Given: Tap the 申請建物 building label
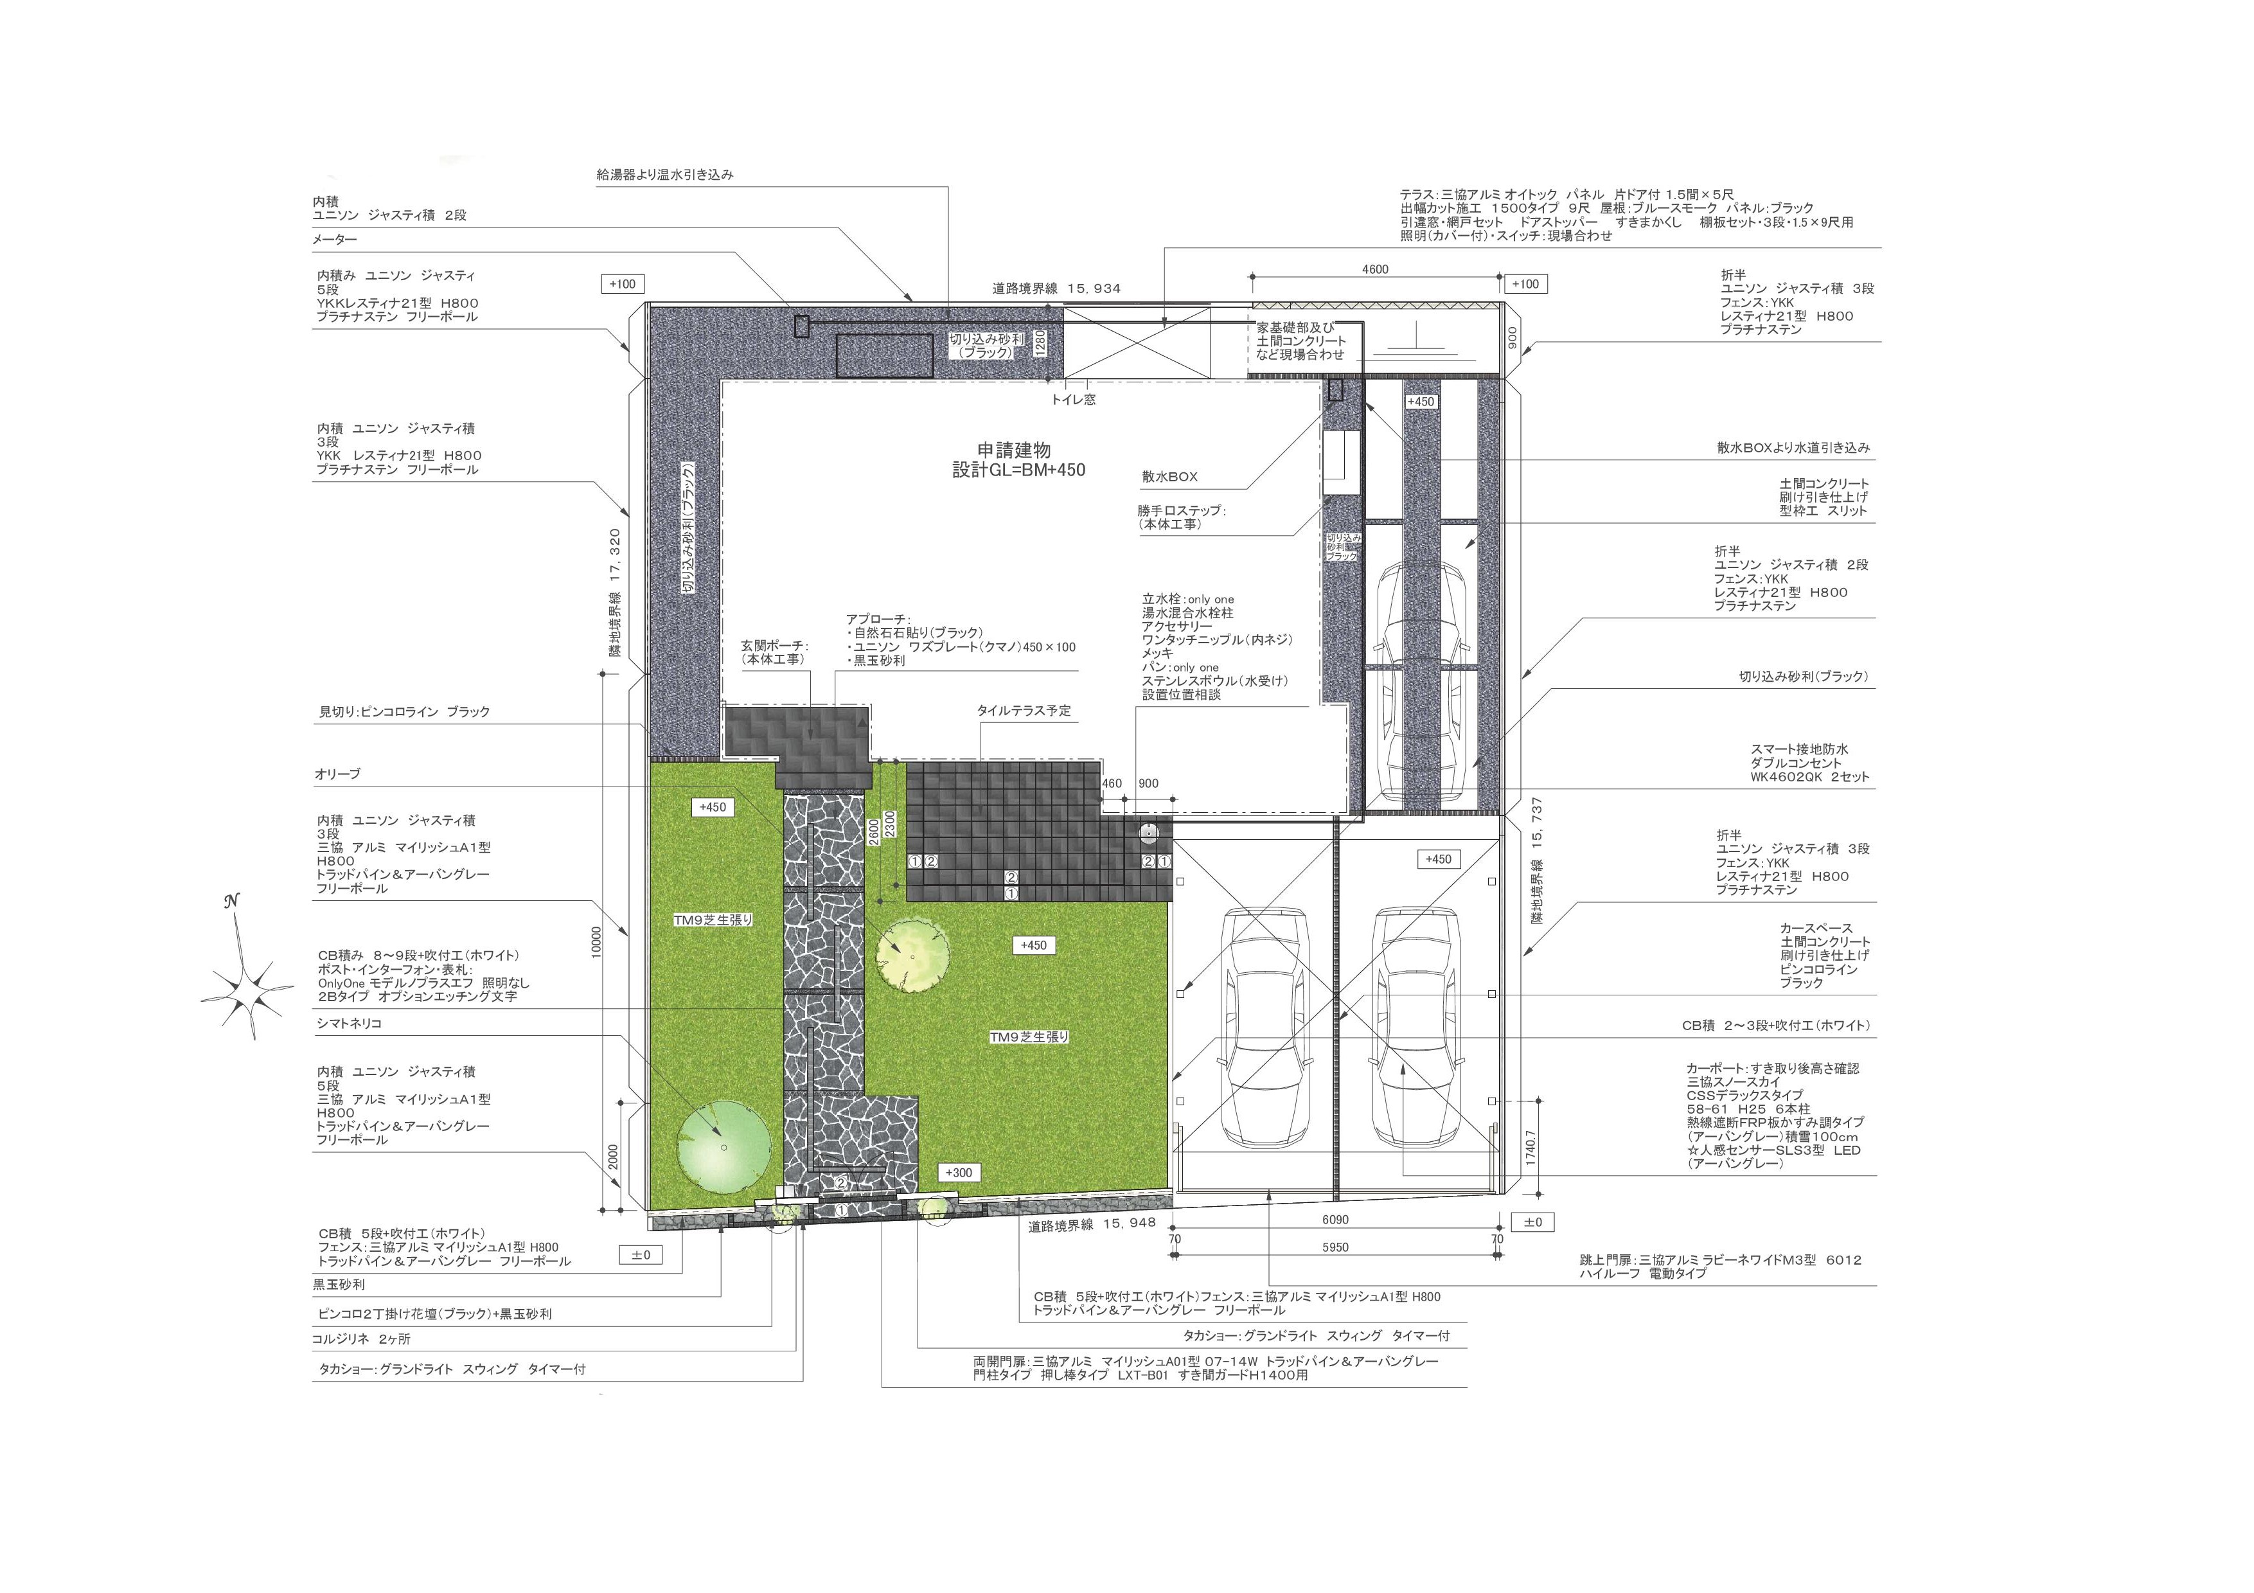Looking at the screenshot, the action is tap(1014, 450).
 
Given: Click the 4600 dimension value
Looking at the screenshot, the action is tap(1376, 269).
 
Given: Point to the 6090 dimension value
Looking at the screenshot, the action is tap(1335, 1220).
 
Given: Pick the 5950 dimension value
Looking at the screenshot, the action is tap(1335, 1247).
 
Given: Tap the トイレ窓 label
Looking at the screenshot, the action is tap(1074, 400).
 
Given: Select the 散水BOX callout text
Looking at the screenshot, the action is tap(1169, 477).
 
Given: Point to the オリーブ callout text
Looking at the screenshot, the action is tap(338, 774).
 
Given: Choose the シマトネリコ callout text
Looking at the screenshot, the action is tap(348, 1024).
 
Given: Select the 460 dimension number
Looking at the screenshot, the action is tap(1112, 784).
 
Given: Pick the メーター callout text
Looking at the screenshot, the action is tap(335, 240).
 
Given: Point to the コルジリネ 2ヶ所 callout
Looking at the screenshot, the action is tap(361, 1339).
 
